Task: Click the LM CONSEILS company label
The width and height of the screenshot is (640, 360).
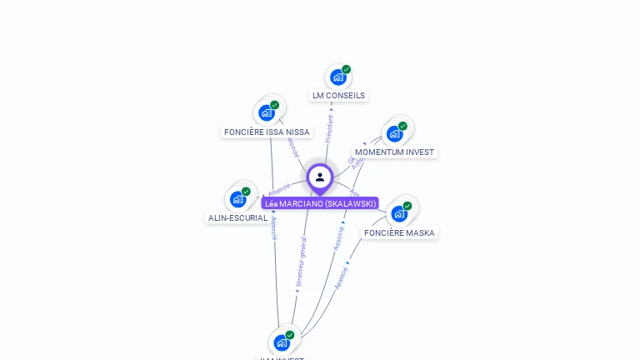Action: pyautogui.click(x=338, y=96)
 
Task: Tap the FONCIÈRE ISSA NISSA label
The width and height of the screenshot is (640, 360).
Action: pyautogui.click(x=267, y=132)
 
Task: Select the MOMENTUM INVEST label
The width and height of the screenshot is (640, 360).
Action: pyautogui.click(x=394, y=152)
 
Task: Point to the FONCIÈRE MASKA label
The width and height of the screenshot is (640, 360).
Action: pyautogui.click(x=399, y=233)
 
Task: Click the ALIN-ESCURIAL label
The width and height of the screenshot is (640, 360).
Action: pyautogui.click(x=237, y=218)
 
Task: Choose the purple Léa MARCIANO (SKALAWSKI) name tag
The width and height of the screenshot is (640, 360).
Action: pyautogui.click(x=320, y=203)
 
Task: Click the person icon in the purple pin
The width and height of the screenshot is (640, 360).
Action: pyautogui.click(x=320, y=177)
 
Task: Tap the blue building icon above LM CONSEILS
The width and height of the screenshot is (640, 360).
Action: pyautogui.click(x=337, y=77)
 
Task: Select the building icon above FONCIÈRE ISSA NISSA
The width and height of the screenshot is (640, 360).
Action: pyautogui.click(x=267, y=112)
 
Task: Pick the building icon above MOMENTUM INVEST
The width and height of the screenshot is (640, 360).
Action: pyautogui.click(x=394, y=133)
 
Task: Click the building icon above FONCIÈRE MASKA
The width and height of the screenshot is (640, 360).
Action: pyautogui.click(x=399, y=213)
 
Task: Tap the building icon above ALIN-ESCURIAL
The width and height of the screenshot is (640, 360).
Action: pyautogui.click(x=237, y=199)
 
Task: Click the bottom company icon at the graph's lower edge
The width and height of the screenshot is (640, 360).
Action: pyautogui.click(x=282, y=342)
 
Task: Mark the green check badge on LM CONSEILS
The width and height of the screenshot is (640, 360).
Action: pyautogui.click(x=347, y=69)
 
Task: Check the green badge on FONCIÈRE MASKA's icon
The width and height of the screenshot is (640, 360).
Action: pyautogui.click(x=407, y=206)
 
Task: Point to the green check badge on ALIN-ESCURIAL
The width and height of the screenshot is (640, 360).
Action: pyautogui.click(x=246, y=191)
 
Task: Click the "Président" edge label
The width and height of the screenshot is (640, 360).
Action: pyautogui.click(x=329, y=124)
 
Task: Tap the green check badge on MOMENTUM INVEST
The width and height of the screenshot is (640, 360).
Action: pyautogui.click(x=402, y=126)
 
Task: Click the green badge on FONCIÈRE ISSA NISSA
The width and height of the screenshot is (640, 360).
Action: pyautogui.click(x=275, y=105)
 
